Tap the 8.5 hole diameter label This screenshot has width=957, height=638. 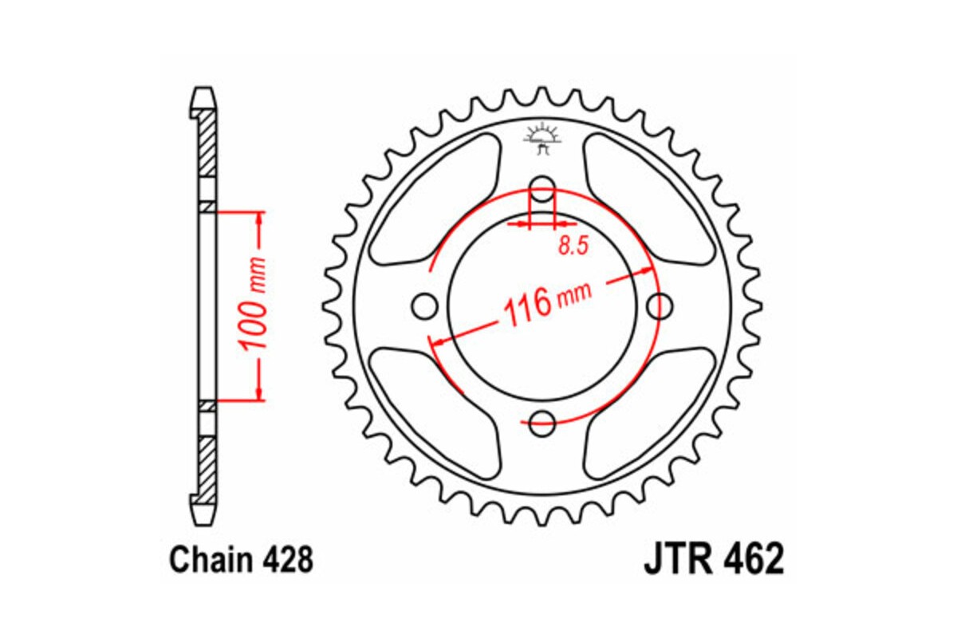[x=573, y=246]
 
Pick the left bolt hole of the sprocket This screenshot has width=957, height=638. [x=425, y=305]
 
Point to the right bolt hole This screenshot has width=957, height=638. [x=660, y=305]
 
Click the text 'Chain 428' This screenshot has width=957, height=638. [x=241, y=561]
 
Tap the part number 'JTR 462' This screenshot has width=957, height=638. [x=713, y=561]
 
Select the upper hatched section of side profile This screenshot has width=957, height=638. [x=207, y=144]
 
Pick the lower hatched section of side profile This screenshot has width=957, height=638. [x=207, y=467]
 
